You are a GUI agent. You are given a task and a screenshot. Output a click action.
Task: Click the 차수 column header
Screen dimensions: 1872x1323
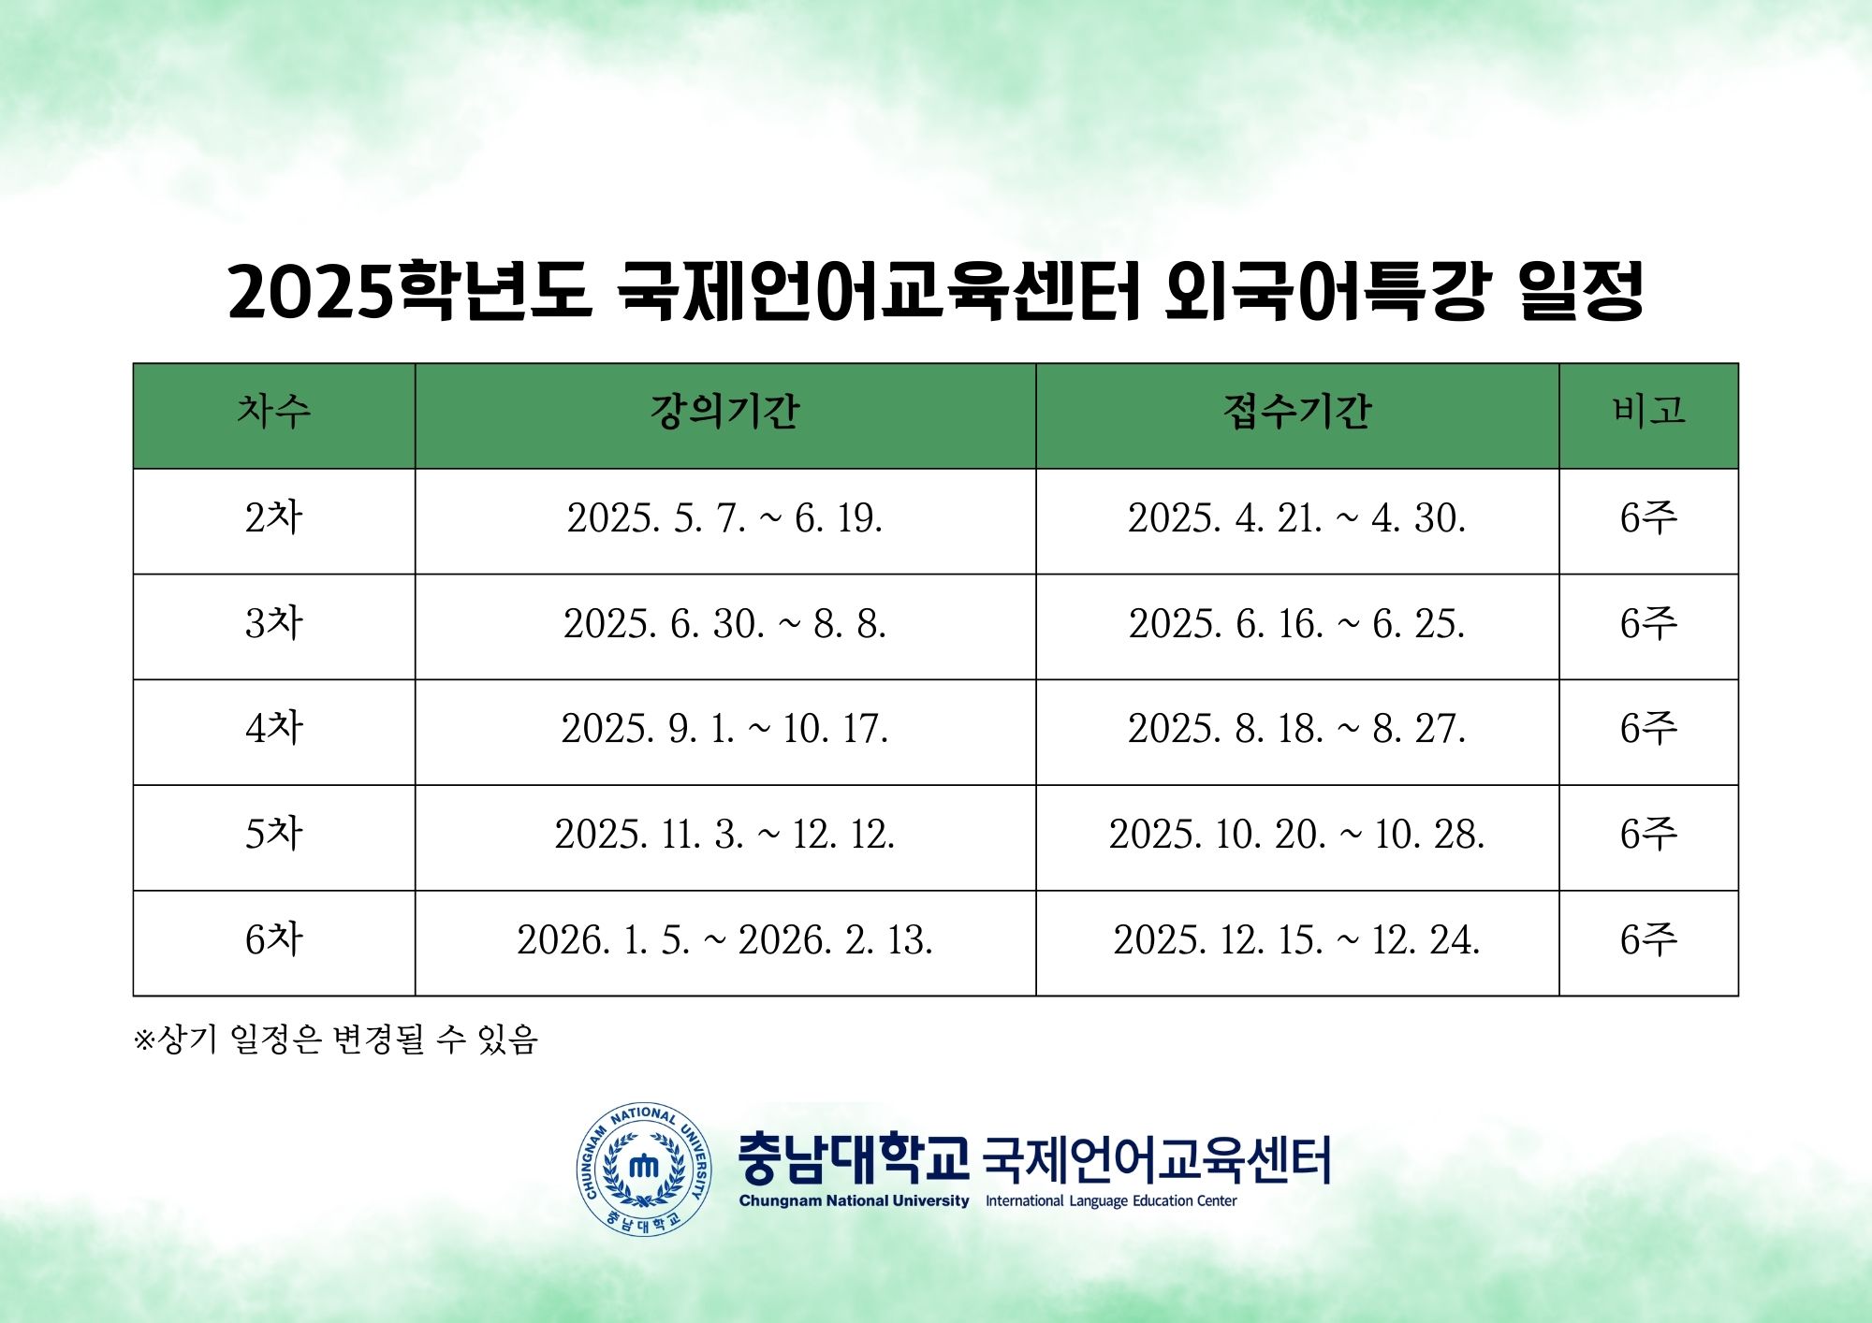click(273, 411)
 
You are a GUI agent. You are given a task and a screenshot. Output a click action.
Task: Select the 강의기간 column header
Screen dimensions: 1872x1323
click(724, 411)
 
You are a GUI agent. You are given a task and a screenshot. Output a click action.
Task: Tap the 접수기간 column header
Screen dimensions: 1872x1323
click(1297, 411)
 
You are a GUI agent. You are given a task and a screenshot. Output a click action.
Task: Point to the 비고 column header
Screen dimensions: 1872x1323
click(1648, 411)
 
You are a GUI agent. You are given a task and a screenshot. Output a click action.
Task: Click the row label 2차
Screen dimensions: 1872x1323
click(273, 517)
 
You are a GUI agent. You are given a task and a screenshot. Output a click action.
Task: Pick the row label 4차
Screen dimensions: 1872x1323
click(273, 728)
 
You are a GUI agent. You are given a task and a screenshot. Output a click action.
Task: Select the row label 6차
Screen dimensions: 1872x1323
click(273, 939)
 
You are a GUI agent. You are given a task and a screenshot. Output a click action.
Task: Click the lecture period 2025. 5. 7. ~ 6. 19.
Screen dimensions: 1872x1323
click(724, 518)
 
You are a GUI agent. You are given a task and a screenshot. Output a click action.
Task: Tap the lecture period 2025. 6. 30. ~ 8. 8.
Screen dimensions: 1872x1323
click(724, 624)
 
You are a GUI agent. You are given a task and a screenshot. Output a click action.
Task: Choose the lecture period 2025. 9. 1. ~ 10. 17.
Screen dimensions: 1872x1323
click(724, 729)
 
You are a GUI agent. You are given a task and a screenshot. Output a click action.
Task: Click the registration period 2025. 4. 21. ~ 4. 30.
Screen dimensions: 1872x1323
click(1297, 518)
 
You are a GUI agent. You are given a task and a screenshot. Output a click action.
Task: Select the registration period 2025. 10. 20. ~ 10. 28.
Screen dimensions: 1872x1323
click(1297, 835)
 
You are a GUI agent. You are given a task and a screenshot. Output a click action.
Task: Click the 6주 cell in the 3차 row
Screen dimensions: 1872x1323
click(1648, 623)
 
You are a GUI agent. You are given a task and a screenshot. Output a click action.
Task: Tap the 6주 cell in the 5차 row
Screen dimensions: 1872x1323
click(1648, 834)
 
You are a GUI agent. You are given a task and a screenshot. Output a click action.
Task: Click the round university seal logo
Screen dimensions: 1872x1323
click(644, 1169)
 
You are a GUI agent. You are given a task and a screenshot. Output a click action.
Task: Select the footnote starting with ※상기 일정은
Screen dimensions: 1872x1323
click(336, 1039)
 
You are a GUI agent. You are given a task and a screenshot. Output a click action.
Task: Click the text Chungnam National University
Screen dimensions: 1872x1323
click(854, 1201)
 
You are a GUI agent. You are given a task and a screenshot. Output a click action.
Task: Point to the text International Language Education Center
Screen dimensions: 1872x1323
click(1111, 1201)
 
